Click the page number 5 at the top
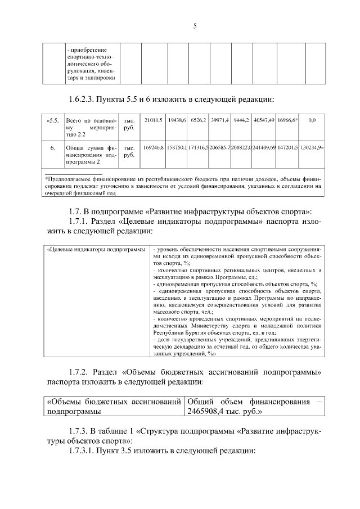[x=195, y=25]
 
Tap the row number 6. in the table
[x=52, y=147]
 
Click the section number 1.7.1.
[x=80, y=221]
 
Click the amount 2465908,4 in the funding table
[x=209, y=411]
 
